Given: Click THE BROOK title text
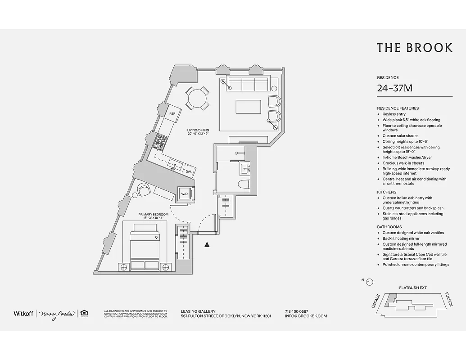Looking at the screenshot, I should pyautogui.click(x=414, y=48).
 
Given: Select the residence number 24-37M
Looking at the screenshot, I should pyautogui.click(x=394, y=88).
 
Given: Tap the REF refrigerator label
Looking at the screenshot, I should pyautogui.click(x=172, y=114).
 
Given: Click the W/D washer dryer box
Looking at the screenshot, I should pyautogui.click(x=185, y=194).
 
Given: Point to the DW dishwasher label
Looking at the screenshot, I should pyautogui.click(x=188, y=172).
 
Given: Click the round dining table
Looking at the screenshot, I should pyautogui.click(x=197, y=98).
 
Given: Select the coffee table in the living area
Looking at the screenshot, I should pyautogui.click(x=248, y=107).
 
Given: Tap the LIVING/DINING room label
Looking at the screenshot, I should pyautogui.click(x=199, y=131).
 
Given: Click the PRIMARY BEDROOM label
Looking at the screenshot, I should pyautogui.click(x=153, y=215).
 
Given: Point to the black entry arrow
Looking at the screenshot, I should pyautogui.click(x=207, y=244).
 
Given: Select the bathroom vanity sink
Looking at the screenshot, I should pyautogui.click(x=245, y=169).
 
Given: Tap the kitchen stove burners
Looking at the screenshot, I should pyautogui.click(x=160, y=142).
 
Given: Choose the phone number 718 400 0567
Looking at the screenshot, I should pyautogui.click(x=296, y=311).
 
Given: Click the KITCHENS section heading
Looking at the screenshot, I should pyautogui.click(x=386, y=192).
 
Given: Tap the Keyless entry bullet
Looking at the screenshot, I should pyautogui.click(x=394, y=114).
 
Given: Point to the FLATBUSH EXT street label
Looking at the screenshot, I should pyautogui.click(x=412, y=288).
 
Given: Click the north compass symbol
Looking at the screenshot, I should pyautogui.click(x=369, y=282).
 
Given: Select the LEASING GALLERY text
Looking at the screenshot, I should pyautogui.click(x=198, y=311).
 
